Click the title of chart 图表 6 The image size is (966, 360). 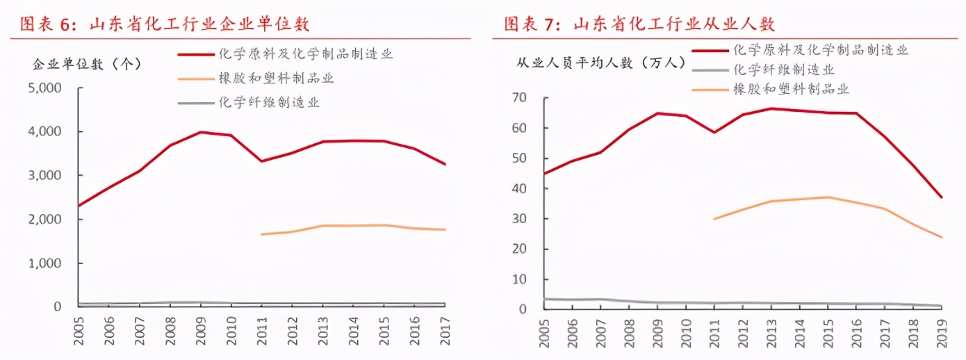click(x=164, y=24)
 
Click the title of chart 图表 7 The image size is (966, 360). click(x=639, y=24)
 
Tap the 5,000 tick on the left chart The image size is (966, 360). click(x=46, y=88)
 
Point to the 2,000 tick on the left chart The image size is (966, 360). click(x=46, y=220)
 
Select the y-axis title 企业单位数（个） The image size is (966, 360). click(x=87, y=64)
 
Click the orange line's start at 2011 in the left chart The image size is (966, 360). click(x=262, y=234)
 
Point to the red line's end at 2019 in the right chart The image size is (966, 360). click(x=942, y=197)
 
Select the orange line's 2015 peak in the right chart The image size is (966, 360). click(x=828, y=197)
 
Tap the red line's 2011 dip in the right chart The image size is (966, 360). click(x=714, y=132)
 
